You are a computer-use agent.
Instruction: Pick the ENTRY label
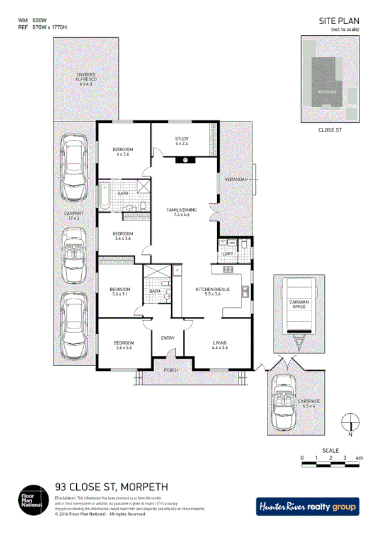[167, 338]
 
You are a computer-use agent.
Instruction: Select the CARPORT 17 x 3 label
[74, 215]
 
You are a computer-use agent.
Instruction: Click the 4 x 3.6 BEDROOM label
[123, 151]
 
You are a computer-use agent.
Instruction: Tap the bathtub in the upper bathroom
[104, 196]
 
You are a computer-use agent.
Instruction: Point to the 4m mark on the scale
[359, 457]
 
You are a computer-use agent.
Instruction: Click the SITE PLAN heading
[339, 21]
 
